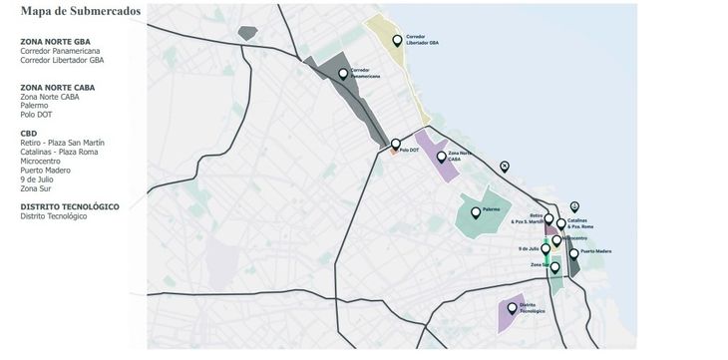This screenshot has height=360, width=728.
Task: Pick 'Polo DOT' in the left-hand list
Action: (x=36, y=115)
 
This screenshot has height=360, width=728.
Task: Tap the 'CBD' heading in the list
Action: (x=29, y=133)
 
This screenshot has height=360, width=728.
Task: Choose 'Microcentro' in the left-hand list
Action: (x=42, y=161)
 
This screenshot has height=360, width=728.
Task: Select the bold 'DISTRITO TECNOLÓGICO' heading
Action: (x=70, y=206)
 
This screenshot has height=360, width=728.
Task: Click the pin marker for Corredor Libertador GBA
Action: (x=397, y=41)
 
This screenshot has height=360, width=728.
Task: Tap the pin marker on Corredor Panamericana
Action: (x=343, y=74)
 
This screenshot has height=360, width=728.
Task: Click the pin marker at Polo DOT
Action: (x=396, y=144)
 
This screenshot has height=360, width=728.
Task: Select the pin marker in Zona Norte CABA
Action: (x=441, y=157)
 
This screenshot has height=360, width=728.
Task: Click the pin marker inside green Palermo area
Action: (x=476, y=211)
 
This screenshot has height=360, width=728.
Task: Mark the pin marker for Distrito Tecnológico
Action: (x=513, y=308)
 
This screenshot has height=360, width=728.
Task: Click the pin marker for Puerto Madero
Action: (x=573, y=254)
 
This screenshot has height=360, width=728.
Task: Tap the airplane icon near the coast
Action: (x=504, y=166)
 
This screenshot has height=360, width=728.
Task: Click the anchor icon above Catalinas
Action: (x=573, y=206)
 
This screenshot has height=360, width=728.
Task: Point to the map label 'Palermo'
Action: (x=491, y=210)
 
